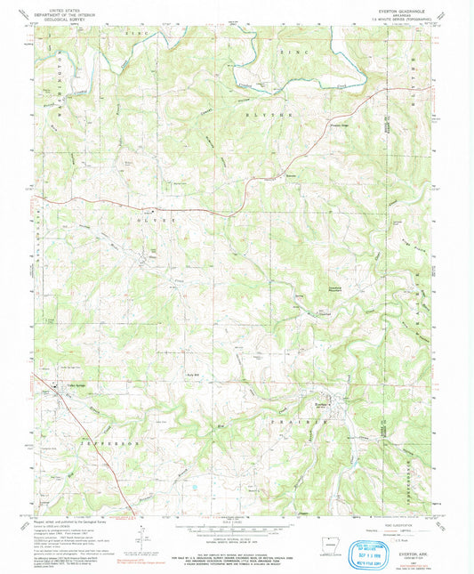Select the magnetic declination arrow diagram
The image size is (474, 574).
coord(144,534)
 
